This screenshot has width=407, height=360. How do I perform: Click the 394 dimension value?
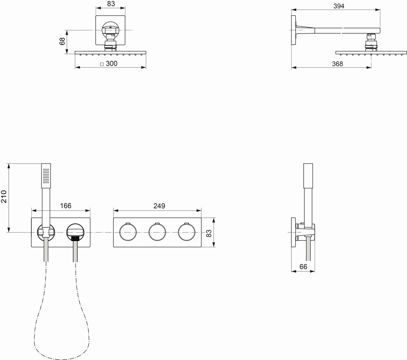tap(339, 6)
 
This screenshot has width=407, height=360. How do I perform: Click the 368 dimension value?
tap(337, 64)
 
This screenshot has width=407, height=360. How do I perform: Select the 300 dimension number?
tap(111, 63)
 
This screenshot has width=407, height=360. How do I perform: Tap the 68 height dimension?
tap(62, 41)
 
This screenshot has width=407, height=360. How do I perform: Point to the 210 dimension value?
tap(4, 197)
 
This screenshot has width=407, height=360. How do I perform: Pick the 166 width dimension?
tap(66, 206)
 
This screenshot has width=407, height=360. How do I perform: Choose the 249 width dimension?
tap(159, 206)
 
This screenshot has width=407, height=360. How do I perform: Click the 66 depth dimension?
tap(303, 267)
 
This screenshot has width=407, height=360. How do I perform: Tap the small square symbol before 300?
tap(102, 64)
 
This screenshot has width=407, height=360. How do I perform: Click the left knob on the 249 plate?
tap(128, 232)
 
